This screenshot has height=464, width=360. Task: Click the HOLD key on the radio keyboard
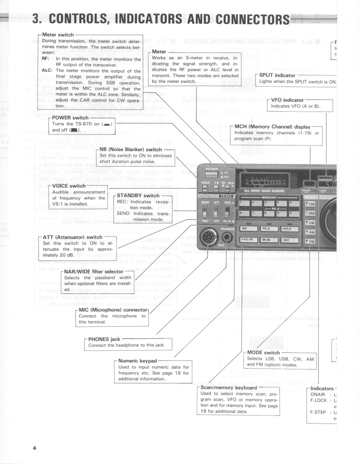[289, 228]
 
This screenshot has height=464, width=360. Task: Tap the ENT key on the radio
[289, 239]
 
